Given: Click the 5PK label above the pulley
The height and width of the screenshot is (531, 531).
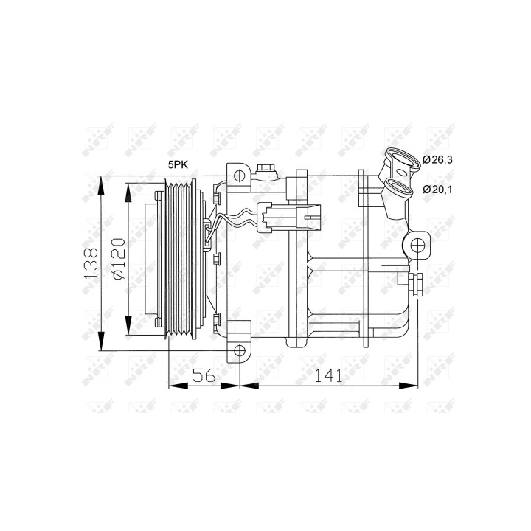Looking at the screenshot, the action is click(178, 164).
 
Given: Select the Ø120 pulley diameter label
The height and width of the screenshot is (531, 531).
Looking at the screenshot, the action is click(119, 259).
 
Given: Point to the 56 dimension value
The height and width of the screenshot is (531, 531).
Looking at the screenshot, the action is click(204, 375).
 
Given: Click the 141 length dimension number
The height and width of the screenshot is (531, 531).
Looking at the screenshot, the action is click(328, 375).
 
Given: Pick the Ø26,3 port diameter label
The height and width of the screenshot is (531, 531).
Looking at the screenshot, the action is click(437, 159).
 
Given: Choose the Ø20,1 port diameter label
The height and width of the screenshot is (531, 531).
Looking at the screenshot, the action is click(437, 190).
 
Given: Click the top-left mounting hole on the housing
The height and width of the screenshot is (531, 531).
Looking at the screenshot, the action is click(240, 175).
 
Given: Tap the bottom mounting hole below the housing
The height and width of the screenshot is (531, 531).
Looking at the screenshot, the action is click(240, 351).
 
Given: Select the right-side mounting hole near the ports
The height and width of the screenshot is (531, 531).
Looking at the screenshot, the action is click(417, 245).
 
